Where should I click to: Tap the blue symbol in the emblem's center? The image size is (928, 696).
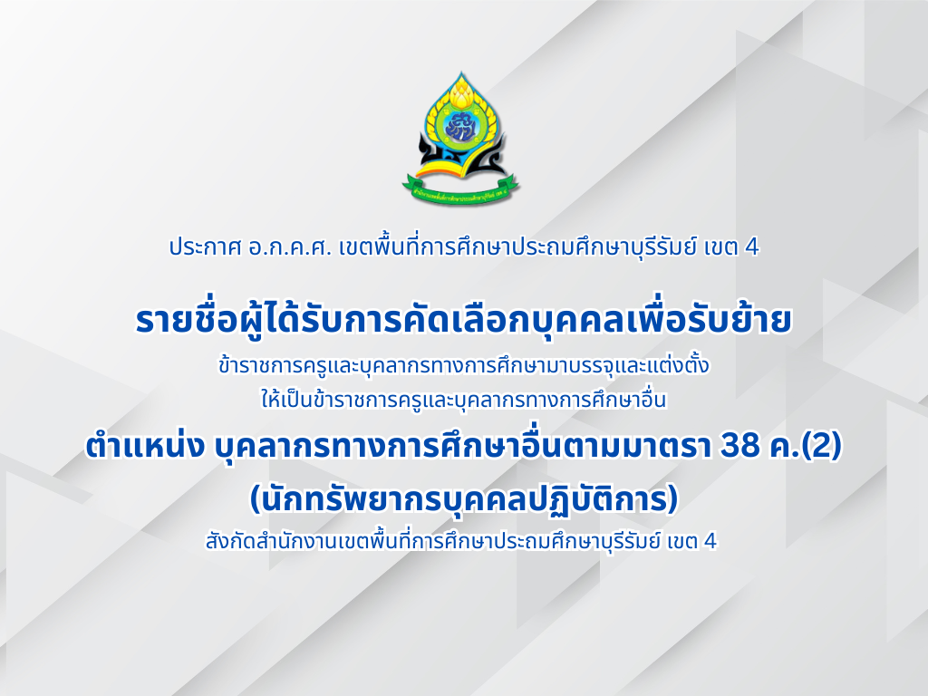460,127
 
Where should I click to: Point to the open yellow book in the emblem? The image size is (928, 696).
460,168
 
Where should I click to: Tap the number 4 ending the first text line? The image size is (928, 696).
752,246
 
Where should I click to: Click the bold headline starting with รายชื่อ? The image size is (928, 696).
463,320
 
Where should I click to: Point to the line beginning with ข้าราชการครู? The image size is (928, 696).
463,366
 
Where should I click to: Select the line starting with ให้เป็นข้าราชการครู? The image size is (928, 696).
463,400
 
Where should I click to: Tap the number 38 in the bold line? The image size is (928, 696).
739,447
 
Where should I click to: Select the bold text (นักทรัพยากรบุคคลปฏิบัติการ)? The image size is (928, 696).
463,499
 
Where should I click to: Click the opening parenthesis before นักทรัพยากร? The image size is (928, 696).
255,500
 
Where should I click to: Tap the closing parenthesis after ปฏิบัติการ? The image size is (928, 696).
672,500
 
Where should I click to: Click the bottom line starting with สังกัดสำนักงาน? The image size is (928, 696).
461,540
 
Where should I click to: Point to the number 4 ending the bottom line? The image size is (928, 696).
710,541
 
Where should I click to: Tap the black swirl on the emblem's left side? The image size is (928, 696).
430,151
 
